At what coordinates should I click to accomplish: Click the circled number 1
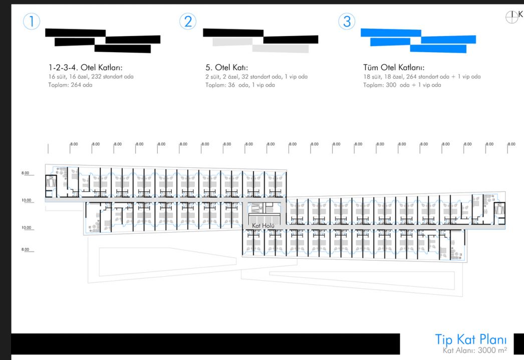click(32, 22)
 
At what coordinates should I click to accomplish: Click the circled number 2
click(188, 22)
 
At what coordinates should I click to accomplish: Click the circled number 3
click(347, 22)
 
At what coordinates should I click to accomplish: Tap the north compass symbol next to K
click(511, 17)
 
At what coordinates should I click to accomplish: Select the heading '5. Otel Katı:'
click(226, 68)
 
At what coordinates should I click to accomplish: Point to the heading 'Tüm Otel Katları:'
click(394, 68)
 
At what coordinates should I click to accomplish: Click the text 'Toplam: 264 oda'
click(71, 85)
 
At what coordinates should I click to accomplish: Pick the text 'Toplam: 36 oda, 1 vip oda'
click(240, 85)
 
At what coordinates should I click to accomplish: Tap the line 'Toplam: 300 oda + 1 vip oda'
click(402, 85)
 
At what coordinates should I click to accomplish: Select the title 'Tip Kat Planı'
click(471, 339)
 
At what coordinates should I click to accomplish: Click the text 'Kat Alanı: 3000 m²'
click(475, 350)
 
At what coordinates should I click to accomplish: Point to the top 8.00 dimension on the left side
click(26, 173)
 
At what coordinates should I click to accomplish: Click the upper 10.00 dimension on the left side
click(27, 200)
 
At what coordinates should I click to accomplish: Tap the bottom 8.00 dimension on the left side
click(26, 249)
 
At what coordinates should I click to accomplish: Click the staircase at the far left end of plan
click(52, 183)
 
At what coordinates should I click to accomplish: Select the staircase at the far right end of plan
click(499, 211)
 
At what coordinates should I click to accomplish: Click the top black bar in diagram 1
click(75, 33)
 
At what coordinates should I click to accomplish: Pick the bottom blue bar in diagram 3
click(438, 49)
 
